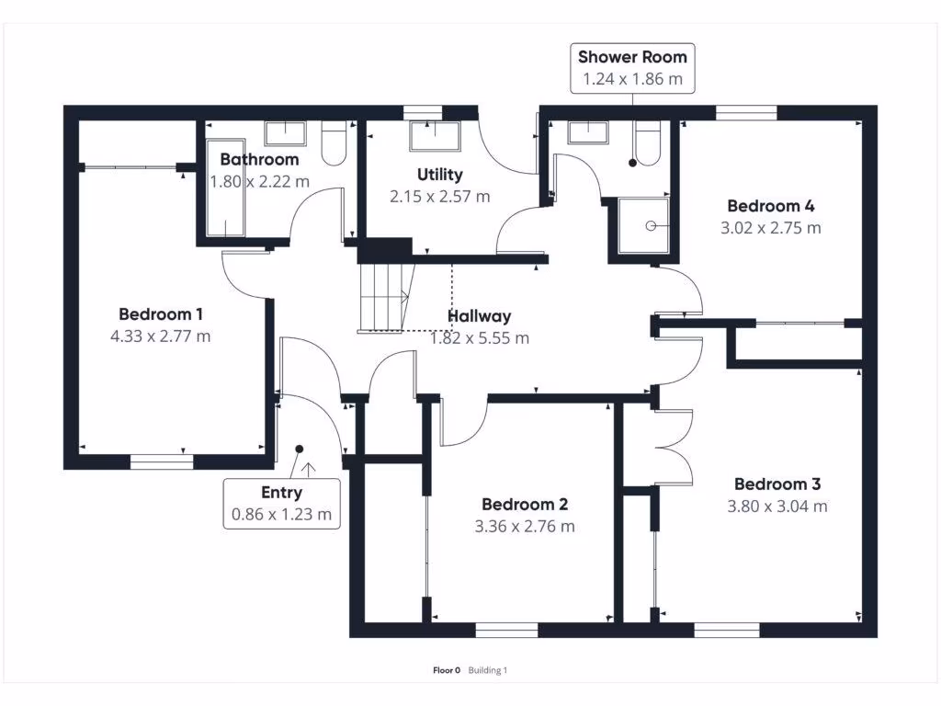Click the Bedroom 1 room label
(x=160, y=314)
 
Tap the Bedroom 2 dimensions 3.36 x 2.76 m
(x=525, y=527)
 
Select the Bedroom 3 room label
(x=777, y=484)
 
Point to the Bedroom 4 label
(x=771, y=206)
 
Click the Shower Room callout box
(x=632, y=68)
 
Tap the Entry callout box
(x=281, y=504)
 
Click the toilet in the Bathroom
(x=334, y=143)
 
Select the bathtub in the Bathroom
(x=226, y=188)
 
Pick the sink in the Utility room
(x=435, y=136)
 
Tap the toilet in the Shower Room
(x=648, y=143)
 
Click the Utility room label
(x=440, y=175)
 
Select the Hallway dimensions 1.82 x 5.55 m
(x=480, y=338)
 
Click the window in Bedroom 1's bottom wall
(x=162, y=461)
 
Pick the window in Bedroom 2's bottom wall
(x=506, y=630)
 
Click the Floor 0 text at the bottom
(x=447, y=670)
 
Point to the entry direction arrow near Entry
(x=309, y=470)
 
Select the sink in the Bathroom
(x=285, y=133)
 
